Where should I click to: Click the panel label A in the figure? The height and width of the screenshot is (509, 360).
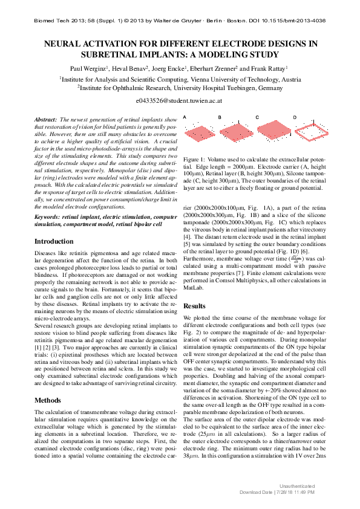(x=185, y=117)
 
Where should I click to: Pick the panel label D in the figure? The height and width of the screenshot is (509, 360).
(x=295, y=117)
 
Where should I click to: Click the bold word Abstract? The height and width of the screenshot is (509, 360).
(x=45, y=121)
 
